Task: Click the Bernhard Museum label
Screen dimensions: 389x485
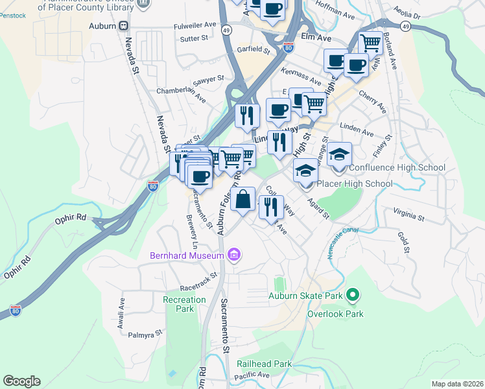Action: coord(187,256)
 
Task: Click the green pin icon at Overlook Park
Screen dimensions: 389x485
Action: coord(352,296)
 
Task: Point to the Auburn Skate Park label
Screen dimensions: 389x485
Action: coord(305,298)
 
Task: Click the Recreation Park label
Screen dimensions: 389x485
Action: coord(184,304)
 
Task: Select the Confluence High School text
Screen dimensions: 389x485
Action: coord(397,168)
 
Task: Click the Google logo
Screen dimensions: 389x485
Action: coord(21,381)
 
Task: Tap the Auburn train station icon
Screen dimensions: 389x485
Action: coord(123,26)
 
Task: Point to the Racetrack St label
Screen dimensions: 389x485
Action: coord(200,286)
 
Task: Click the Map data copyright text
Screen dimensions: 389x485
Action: coord(457,384)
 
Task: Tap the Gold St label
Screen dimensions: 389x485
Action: coord(405,241)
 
